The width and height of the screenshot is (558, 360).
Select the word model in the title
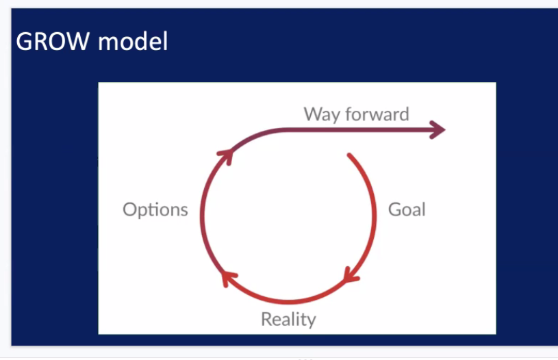[x=133, y=42]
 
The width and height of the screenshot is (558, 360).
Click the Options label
[x=155, y=209]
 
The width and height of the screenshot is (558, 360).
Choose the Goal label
[x=407, y=209]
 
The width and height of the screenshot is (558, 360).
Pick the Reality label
[x=288, y=319]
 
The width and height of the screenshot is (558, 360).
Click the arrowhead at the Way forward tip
[x=437, y=129]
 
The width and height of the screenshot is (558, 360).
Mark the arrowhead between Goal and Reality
[x=351, y=276]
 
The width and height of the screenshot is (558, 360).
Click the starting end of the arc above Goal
[x=349, y=156]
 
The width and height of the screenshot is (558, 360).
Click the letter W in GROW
[x=78, y=42]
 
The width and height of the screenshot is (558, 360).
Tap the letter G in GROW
[x=25, y=42]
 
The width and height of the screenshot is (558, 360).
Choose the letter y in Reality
[x=312, y=321]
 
